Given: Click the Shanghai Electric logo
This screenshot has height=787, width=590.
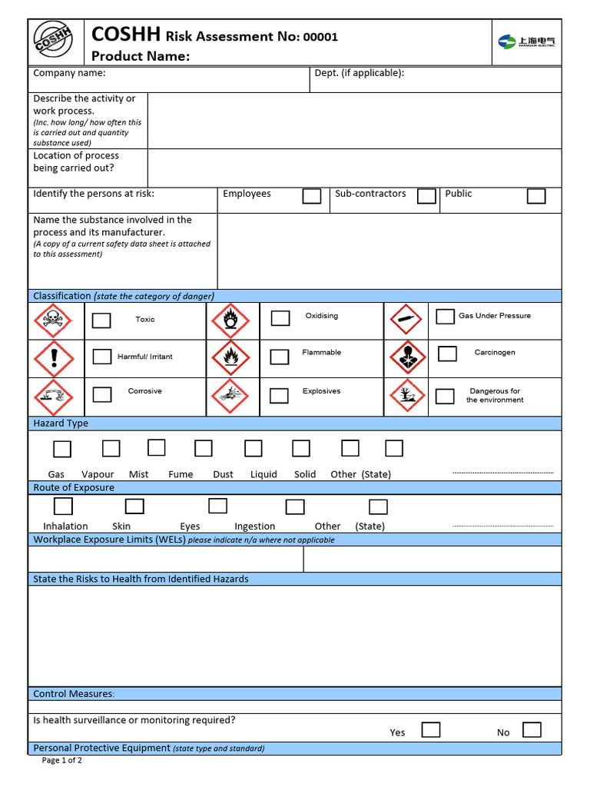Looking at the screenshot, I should point(526,42).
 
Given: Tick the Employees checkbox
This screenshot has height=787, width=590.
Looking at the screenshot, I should point(311,196).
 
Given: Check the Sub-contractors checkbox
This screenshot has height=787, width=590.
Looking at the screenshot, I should point(426,196).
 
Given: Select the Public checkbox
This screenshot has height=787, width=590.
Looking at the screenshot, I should point(536,196).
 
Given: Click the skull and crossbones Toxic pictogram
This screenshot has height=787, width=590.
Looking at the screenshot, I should point(53,320).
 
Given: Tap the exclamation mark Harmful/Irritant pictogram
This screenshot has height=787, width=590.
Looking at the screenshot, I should point(53,357).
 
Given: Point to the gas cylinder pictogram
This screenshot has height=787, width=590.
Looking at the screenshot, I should point(406,320).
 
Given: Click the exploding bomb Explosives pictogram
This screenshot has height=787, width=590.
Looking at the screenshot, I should point(230,396).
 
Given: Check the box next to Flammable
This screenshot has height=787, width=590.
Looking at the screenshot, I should point(280,357).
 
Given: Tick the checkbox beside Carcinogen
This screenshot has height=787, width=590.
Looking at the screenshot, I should point(447,354).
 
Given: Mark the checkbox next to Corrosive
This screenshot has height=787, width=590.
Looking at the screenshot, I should point(102,394).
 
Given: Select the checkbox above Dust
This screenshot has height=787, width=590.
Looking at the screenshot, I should point(253,448).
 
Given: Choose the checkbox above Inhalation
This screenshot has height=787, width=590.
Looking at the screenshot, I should point(63,506).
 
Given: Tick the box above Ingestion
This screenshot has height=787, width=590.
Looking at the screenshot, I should point(295,506).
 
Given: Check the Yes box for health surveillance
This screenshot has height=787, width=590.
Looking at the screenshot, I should point(431,729).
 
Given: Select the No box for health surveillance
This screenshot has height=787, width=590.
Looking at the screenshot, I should point(532,729).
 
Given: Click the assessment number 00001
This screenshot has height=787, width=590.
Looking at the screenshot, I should point(320,37).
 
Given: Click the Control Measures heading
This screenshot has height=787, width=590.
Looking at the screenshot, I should point(74,694).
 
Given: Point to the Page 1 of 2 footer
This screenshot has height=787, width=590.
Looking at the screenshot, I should point(61,761).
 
